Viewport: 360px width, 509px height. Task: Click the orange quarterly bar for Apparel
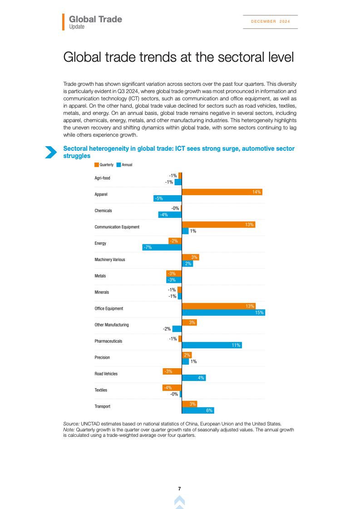222,192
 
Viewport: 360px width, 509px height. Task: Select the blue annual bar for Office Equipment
223,312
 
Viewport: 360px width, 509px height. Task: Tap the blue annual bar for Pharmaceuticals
212,345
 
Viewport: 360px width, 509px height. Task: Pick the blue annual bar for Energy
162,247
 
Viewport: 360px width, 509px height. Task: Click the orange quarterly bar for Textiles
172,387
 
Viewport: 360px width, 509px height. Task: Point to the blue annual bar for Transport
197,410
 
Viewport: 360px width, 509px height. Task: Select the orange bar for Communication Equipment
218,225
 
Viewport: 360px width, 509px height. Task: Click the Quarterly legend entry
104,165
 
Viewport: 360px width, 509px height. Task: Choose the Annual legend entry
125,165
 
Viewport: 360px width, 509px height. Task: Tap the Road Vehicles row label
106,374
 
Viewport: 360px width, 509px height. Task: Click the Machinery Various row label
109,260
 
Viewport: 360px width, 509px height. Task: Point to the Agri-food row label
102,178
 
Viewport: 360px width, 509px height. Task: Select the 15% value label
259,312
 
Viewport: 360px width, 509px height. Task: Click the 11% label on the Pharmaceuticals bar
236,345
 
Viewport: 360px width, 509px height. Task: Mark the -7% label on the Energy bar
147,247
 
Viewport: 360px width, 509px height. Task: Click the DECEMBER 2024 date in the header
270,21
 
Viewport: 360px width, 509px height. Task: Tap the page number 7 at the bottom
180,489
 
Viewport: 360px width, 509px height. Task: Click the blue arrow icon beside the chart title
50,152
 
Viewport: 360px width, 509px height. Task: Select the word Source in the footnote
71,424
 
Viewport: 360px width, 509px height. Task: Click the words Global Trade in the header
95,20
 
